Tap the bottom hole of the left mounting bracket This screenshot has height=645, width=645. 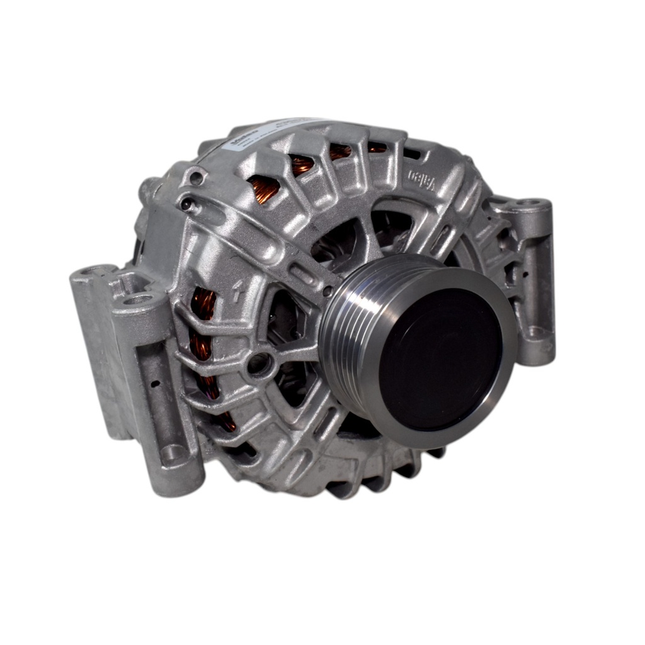pos(173,452)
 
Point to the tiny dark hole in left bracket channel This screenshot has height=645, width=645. pos(154,382)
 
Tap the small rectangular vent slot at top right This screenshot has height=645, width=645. pos(413,154)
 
